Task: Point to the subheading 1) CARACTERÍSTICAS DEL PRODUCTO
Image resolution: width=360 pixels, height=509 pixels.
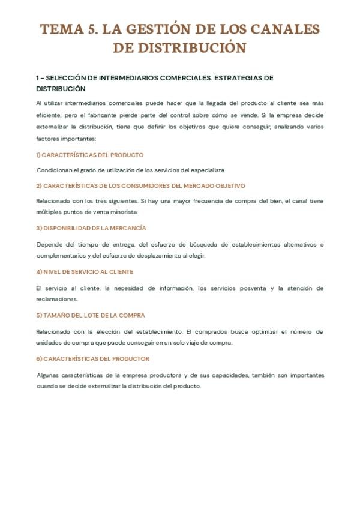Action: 90,155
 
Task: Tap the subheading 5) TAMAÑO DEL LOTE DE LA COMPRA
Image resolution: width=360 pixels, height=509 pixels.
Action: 91,315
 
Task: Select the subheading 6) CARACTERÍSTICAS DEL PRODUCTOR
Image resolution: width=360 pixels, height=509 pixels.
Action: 93,359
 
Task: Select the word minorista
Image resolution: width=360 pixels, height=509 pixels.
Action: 123,212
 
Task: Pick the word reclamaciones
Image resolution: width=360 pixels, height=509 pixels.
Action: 56,299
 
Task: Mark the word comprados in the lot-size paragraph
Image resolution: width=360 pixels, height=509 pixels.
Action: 205,332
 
